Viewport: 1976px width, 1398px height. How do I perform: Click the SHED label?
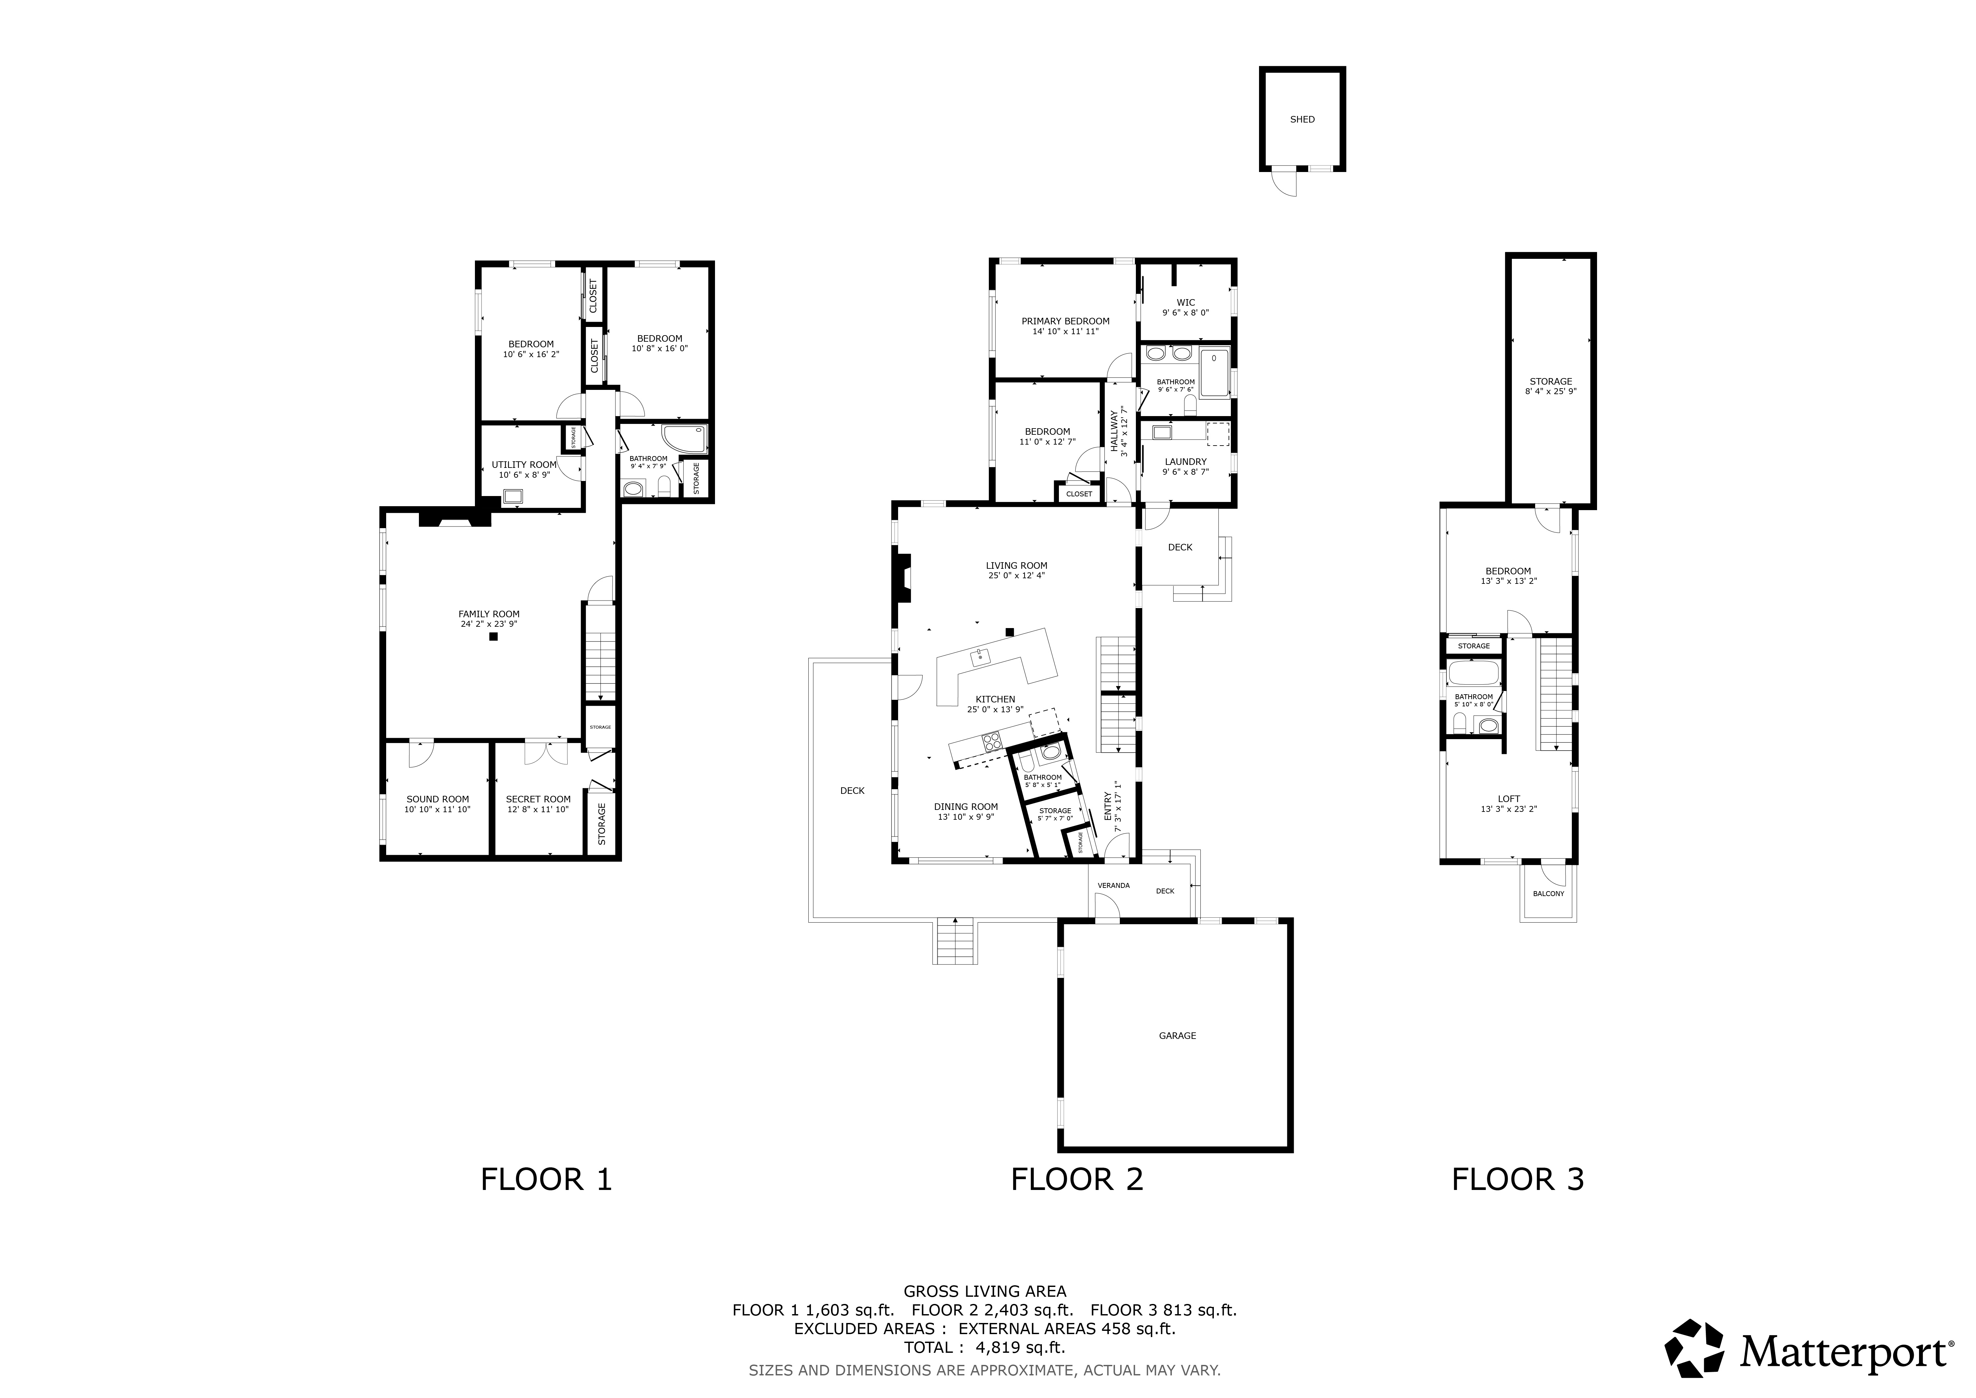pyautogui.click(x=1302, y=120)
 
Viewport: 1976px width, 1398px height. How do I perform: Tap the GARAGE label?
pyautogui.click(x=1177, y=1036)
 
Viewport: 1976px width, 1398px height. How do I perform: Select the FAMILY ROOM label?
pyautogui.click(x=489, y=614)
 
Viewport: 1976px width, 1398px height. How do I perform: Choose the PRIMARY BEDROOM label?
pyautogui.click(x=1065, y=321)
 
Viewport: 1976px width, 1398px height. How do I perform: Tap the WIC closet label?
pyautogui.click(x=1186, y=302)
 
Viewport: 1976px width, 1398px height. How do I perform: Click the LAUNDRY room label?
pyautogui.click(x=1186, y=461)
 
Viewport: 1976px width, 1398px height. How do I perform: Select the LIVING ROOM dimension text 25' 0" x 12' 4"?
pyautogui.click(x=1016, y=576)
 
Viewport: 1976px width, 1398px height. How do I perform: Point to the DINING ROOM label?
pyautogui.click(x=966, y=807)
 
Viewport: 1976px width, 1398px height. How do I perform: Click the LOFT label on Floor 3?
pyautogui.click(x=1509, y=799)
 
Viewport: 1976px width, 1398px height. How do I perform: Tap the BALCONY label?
pyautogui.click(x=1548, y=893)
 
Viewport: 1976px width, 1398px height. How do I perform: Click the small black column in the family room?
pyautogui.click(x=493, y=637)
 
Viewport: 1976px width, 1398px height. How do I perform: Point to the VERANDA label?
pyautogui.click(x=1114, y=885)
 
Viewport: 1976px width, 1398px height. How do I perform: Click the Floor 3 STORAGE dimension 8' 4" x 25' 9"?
pyautogui.click(x=1551, y=392)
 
